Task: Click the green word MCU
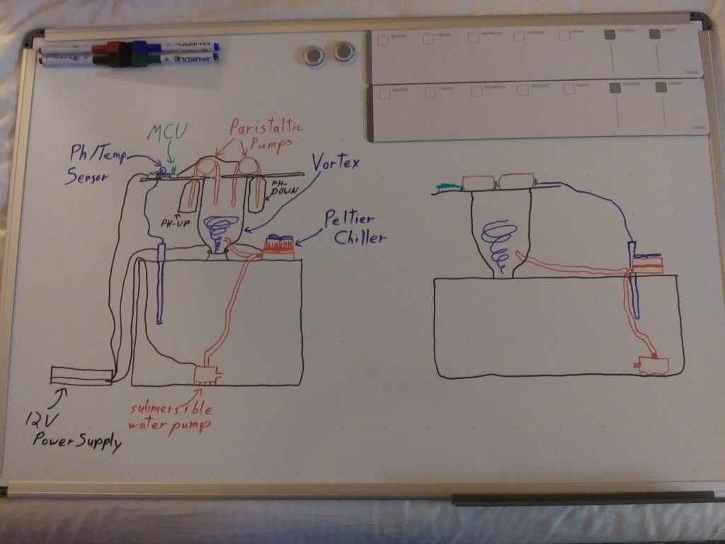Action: (168, 133)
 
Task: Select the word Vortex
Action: (334, 164)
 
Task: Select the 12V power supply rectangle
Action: (81, 375)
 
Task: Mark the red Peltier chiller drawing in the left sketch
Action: (279, 246)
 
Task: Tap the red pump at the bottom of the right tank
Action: (652, 365)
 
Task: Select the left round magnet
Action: (312, 55)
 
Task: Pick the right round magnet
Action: (344, 52)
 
